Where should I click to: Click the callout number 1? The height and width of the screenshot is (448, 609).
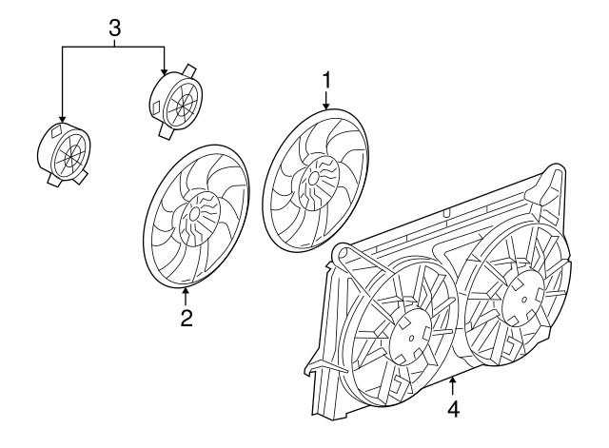tap(326, 81)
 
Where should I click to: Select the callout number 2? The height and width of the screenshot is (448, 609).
tap(187, 318)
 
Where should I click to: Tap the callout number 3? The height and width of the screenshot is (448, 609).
tap(114, 28)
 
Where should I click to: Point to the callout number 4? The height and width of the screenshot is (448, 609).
tap(454, 409)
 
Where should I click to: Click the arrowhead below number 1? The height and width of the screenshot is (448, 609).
tap(326, 106)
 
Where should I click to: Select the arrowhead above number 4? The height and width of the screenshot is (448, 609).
tap(453, 380)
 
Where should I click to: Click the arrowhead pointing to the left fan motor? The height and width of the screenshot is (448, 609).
tap(62, 120)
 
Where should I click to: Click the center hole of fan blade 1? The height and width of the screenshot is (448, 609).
tap(313, 178)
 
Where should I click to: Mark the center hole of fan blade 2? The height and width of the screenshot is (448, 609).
tap(194, 213)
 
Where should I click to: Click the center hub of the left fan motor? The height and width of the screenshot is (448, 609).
tap(71, 154)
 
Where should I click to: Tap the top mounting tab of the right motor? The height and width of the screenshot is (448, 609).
tap(189, 70)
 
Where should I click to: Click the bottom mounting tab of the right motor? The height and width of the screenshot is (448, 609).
tap(166, 131)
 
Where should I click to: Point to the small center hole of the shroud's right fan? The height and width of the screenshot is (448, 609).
tap(524, 299)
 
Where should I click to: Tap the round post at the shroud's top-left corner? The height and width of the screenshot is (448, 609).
tap(344, 254)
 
